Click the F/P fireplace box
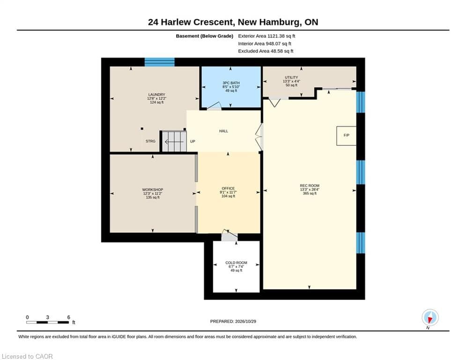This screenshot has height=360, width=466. coord(346,135)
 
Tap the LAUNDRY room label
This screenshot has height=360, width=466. coord(156,95)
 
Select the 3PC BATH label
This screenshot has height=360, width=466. coord(231,83)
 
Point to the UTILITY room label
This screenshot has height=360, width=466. coord(291,77)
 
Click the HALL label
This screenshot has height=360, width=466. coord(223,131)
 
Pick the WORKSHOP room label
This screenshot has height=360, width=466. coord(153,190)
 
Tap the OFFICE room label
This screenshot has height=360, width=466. coord(228,188)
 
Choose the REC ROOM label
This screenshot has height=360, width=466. coord(310,186)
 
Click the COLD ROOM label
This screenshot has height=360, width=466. coord(236,262)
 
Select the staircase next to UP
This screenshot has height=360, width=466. coord(174,141)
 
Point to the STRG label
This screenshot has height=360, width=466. coord(150,141)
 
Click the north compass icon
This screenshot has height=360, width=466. coord(430,318)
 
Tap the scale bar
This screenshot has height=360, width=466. coord(48,322)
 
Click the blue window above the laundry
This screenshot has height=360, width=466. coord(160,62)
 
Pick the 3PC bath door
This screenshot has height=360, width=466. coord(215,106)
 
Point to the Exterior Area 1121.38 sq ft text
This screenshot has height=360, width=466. coord(266,36)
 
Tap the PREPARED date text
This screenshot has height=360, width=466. coord(233,321)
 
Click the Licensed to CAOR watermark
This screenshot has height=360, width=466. coord(27,356)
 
